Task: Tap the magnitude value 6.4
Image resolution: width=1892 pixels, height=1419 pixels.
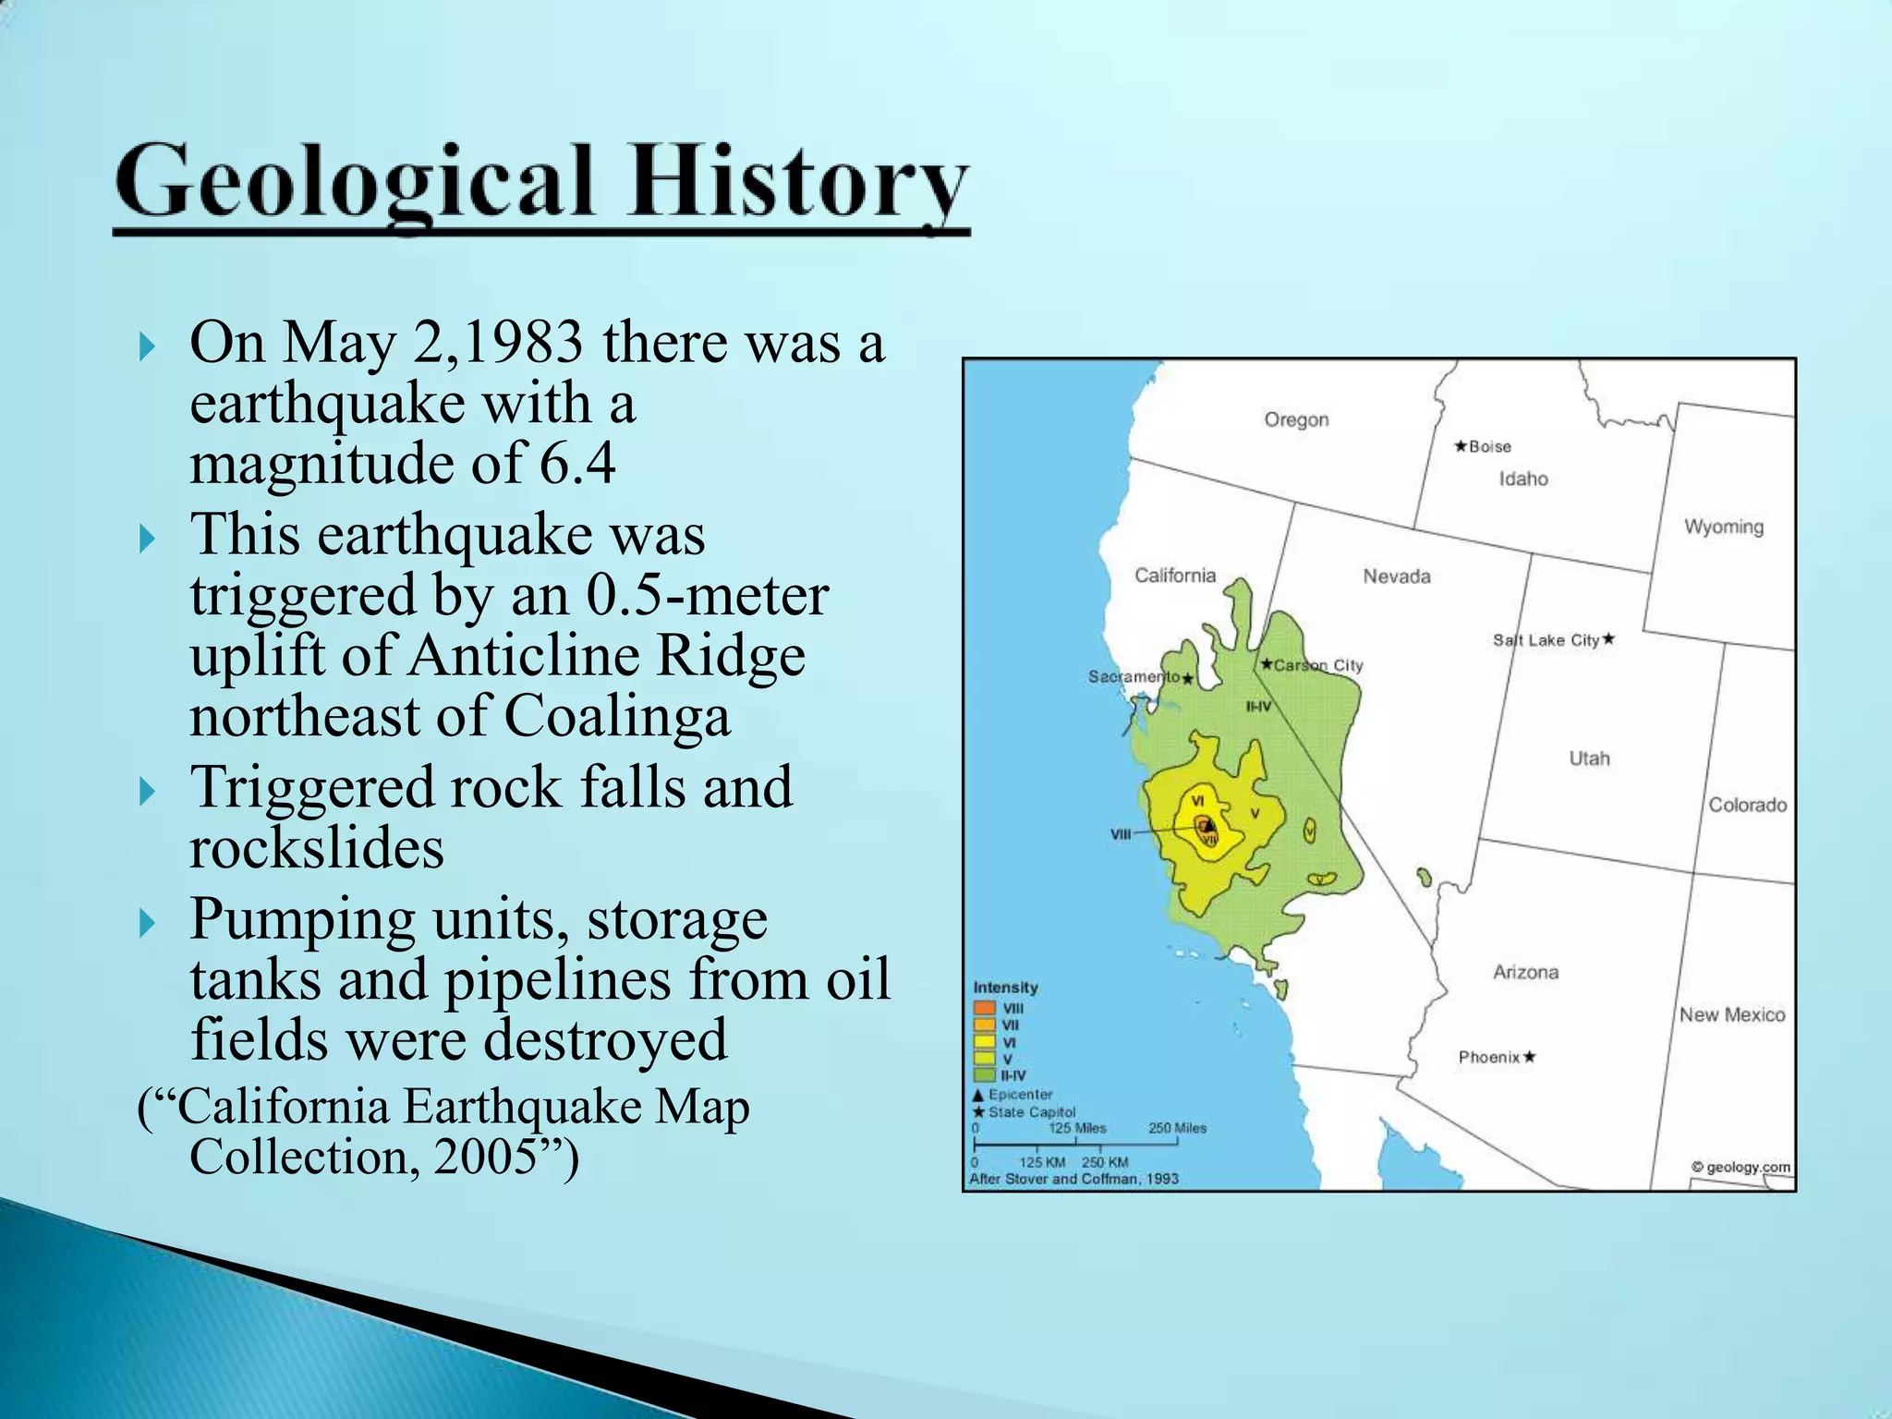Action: (577, 463)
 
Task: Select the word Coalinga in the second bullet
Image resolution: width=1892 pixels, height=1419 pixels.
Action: (617, 716)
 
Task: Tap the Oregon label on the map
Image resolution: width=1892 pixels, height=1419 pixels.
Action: (1296, 420)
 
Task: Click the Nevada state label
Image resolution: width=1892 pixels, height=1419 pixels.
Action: (1396, 576)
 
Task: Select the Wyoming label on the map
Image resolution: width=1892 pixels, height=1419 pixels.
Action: (1723, 527)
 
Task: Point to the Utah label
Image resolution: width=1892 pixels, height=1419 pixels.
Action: (1589, 758)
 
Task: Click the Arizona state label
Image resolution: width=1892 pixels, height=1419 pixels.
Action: (1525, 972)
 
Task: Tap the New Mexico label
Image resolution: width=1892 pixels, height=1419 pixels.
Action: (1731, 1014)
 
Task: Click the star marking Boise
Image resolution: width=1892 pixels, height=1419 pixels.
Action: (1461, 446)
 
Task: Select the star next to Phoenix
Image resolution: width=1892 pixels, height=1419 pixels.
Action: (1530, 1057)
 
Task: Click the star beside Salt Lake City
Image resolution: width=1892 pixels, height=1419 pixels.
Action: (1608, 638)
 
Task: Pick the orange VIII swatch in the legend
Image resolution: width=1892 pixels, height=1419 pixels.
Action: (984, 1008)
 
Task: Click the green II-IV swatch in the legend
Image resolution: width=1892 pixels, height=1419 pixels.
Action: (984, 1075)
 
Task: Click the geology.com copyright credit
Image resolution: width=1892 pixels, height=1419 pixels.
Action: (1740, 1167)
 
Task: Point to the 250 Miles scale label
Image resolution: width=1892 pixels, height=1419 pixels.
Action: (1177, 1128)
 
